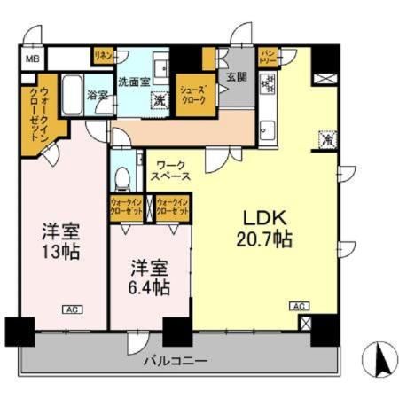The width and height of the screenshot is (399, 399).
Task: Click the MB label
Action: tap(31, 59)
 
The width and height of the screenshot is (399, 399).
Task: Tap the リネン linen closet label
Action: tap(103, 56)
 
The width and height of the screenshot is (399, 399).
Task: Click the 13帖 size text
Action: tap(60, 251)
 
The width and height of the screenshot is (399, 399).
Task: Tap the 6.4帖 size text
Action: tap(147, 288)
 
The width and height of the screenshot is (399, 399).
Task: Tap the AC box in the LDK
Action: tap(300, 306)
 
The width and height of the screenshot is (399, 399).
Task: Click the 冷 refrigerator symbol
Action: tap(325, 138)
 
